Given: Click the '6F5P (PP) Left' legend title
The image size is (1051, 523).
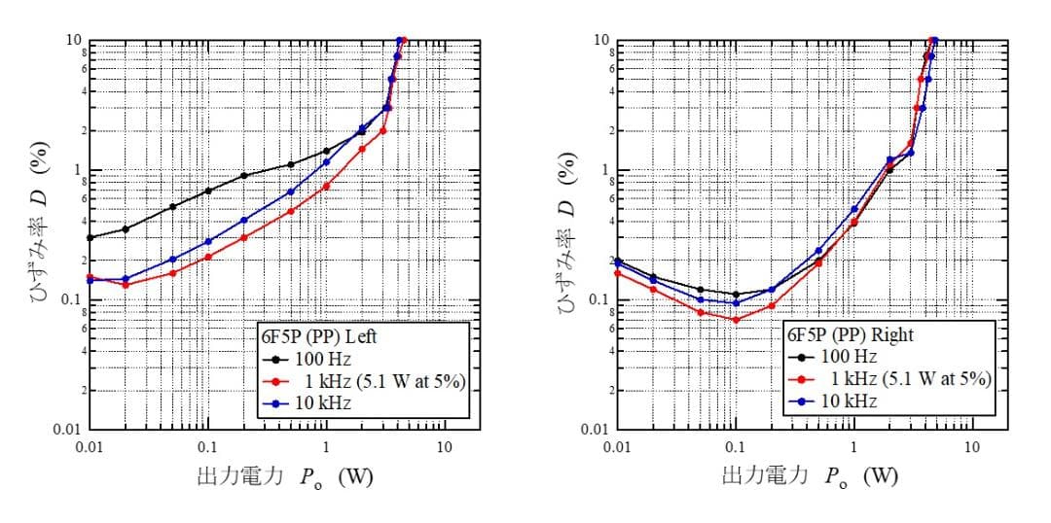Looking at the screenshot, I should (x=317, y=336).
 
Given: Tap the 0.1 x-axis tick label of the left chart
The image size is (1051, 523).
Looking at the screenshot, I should (x=207, y=446).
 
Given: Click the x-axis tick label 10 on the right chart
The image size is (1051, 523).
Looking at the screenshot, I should (x=971, y=446).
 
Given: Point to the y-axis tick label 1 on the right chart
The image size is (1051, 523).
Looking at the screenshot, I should (x=605, y=170).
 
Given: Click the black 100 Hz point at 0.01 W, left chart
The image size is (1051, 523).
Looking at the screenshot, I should (x=90, y=237).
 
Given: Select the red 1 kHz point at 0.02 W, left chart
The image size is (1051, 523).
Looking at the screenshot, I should (x=125, y=285).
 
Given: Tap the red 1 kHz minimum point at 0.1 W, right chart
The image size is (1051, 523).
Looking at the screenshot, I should (x=736, y=320).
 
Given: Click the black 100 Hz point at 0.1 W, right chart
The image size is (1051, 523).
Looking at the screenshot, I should (x=736, y=295).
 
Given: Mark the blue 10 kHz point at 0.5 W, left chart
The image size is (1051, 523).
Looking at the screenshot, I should (x=291, y=192).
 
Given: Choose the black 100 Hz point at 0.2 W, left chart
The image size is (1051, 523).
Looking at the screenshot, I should (x=243, y=176).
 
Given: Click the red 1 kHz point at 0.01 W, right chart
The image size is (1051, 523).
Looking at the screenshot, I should (x=618, y=273).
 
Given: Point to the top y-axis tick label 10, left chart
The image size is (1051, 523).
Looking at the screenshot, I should (x=73, y=40).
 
